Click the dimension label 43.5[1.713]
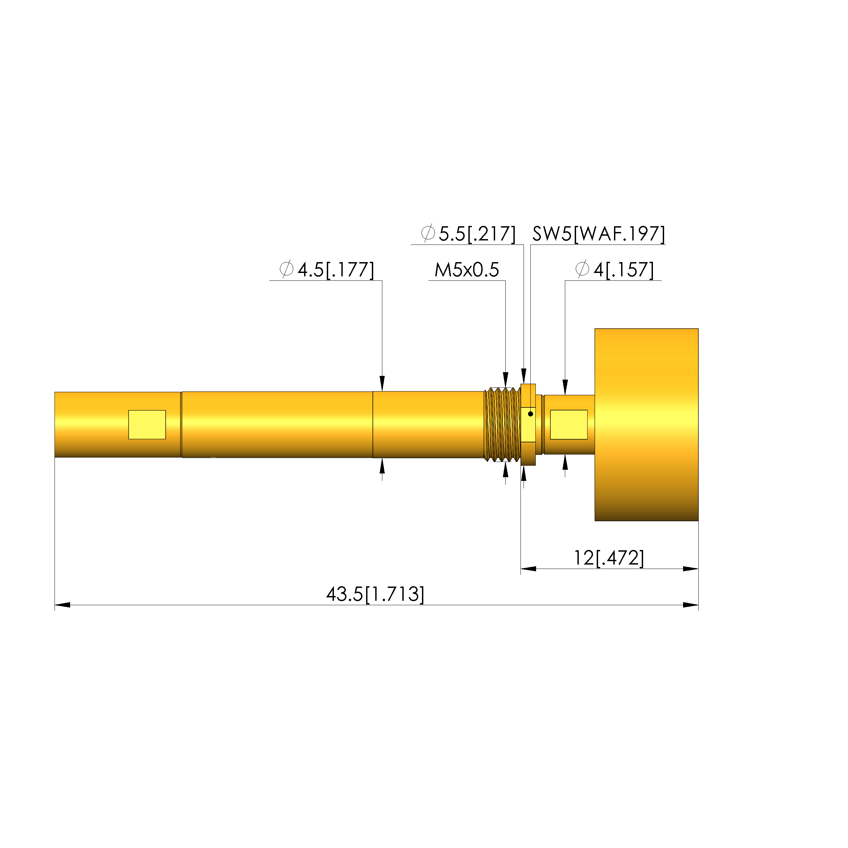click(x=375, y=594)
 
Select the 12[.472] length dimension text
click(x=609, y=558)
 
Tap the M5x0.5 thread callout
click(x=467, y=270)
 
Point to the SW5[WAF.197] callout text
click(x=599, y=234)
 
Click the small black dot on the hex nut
click(x=530, y=414)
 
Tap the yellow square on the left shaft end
click(x=147, y=424)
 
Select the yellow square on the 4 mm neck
click(x=569, y=424)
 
